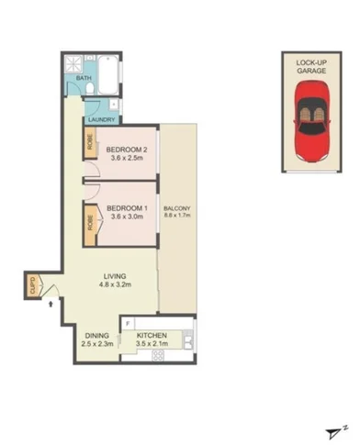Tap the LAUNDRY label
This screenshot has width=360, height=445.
(x=100, y=119)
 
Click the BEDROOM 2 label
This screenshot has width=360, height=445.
(x=129, y=150)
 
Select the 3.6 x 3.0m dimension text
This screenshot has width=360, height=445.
(x=126, y=217)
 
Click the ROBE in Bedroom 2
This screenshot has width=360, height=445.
(x=91, y=145)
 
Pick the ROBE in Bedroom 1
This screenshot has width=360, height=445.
(x=91, y=222)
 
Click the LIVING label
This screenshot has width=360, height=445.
(x=116, y=276)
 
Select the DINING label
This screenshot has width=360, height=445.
(x=96, y=336)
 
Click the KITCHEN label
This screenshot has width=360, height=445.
(x=152, y=337)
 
